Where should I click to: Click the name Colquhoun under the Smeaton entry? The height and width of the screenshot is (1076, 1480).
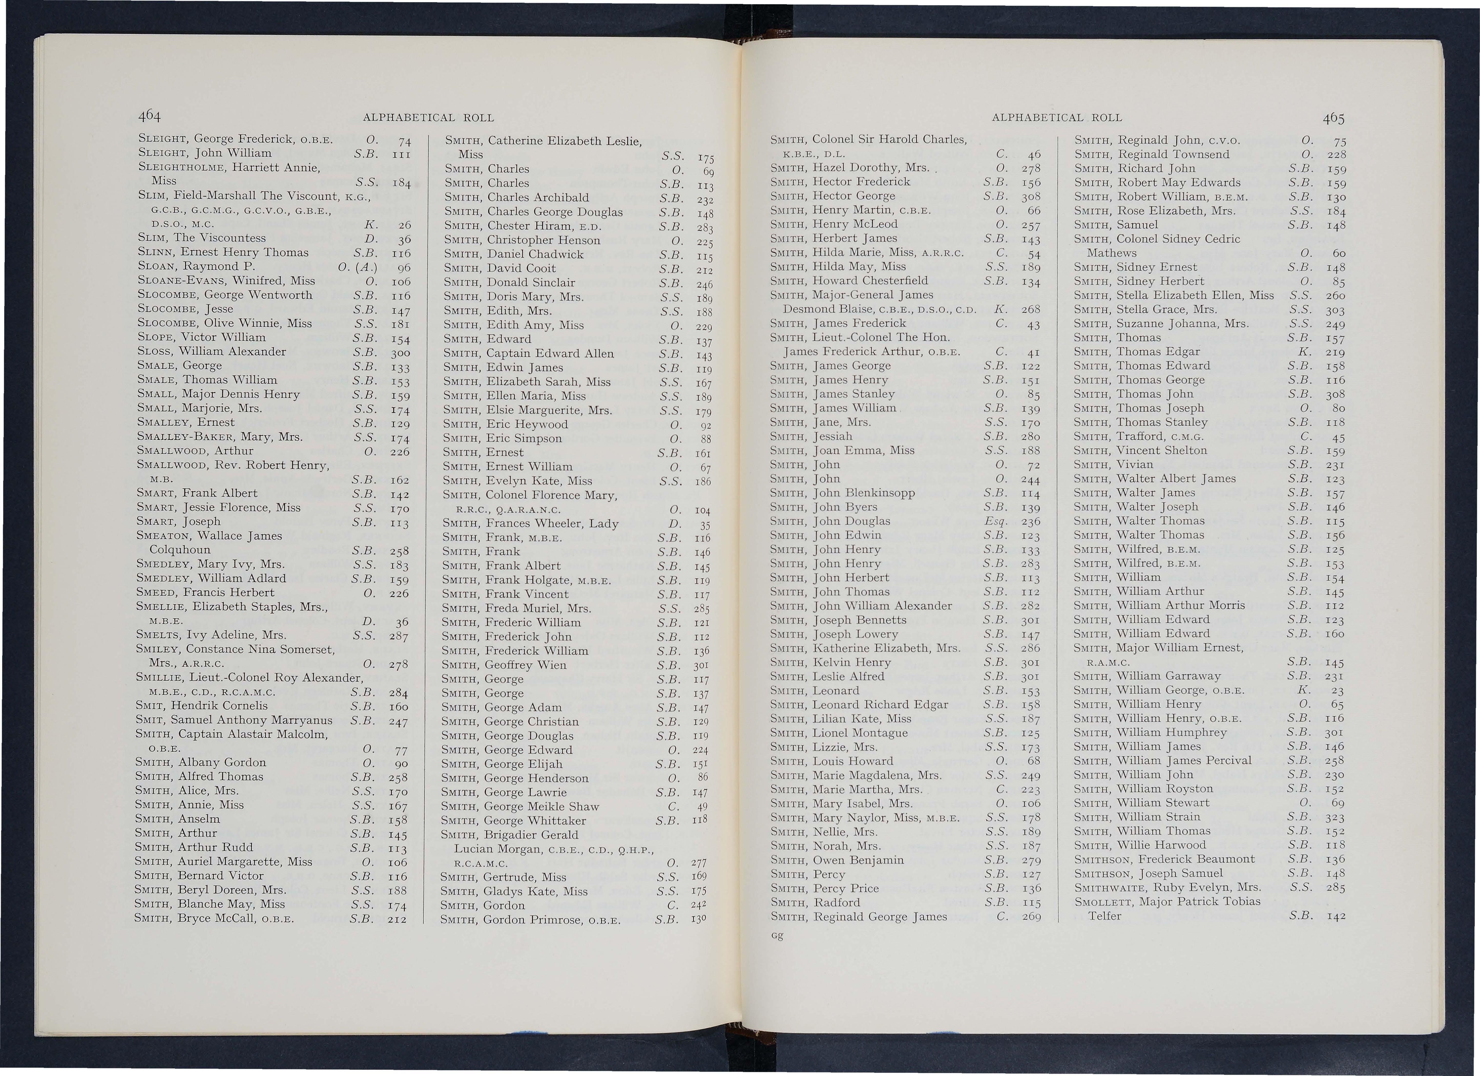pos(180,550)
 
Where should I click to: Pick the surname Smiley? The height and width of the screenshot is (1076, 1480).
pos(159,649)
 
